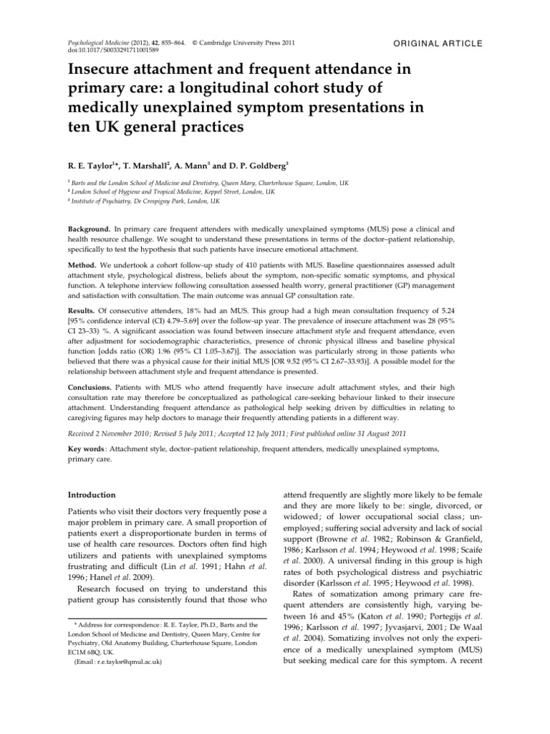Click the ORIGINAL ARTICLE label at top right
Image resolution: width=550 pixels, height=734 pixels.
[438, 44]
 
